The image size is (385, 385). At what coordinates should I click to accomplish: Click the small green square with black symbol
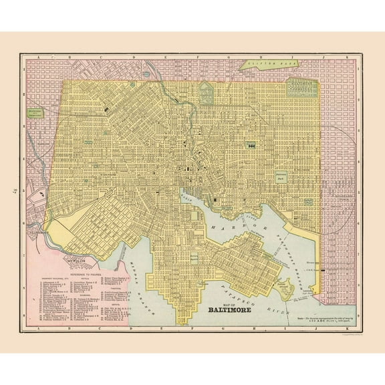[x=252, y=144]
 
